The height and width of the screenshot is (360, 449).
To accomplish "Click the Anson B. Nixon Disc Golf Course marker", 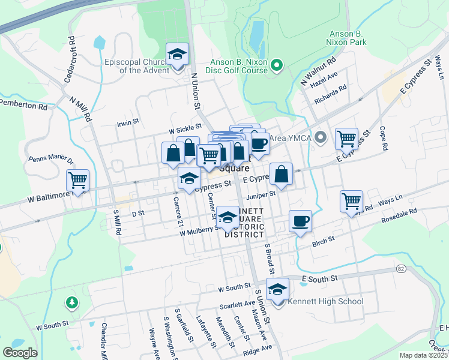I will pos(277,64).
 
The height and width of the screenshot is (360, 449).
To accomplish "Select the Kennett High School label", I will pos(326,301).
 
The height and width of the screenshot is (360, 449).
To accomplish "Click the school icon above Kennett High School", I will pos(277,290).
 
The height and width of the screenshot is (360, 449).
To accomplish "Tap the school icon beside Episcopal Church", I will pos(177,55).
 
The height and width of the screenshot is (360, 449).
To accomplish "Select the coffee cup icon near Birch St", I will pos(300,221).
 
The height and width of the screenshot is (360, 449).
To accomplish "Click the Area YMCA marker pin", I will pos(321,138).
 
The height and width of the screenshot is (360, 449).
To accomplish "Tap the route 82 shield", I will pos(400,269).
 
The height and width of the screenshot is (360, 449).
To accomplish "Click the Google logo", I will pos(20,352).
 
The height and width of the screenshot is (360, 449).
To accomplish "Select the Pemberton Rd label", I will pos(23,106).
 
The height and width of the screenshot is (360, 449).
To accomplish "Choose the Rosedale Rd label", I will pos(399,217).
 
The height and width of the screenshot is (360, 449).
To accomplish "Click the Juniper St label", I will pos(264,194).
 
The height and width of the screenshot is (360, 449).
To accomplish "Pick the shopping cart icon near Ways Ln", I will pos(351,200).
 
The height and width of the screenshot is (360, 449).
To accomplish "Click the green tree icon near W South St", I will pos(72,301).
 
